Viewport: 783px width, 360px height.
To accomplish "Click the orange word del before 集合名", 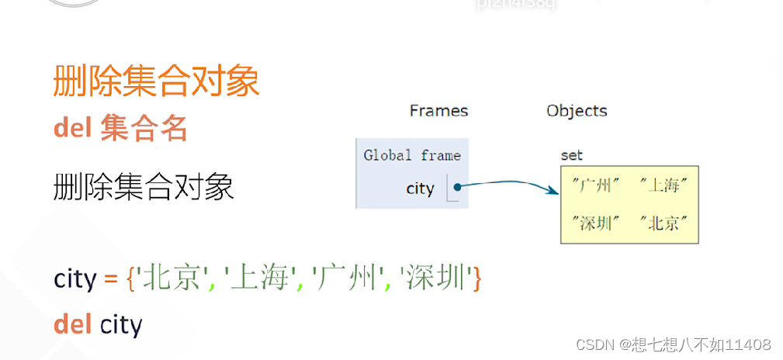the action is [73, 128].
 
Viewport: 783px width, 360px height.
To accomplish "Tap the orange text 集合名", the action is [144, 128].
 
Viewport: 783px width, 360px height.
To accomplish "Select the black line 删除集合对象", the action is [144, 188].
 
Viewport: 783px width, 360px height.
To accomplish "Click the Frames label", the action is [438, 111].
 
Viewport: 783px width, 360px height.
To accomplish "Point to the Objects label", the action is [577, 111].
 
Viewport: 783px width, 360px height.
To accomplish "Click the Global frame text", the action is [412, 156].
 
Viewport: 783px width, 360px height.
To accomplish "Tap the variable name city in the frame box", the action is [420, 189].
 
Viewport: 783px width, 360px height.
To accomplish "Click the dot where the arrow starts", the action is [458, 187].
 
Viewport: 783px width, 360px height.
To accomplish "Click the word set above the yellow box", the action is [572, 155].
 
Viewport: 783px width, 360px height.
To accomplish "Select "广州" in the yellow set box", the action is [596, 185].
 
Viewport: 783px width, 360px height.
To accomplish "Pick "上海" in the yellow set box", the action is [664, 185].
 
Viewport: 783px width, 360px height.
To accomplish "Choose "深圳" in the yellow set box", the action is [596, 224].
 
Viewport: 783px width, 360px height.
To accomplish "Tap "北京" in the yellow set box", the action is [664, 224].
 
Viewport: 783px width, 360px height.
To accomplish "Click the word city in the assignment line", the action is [75, 279].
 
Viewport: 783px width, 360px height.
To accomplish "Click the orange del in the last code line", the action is [73, 324].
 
